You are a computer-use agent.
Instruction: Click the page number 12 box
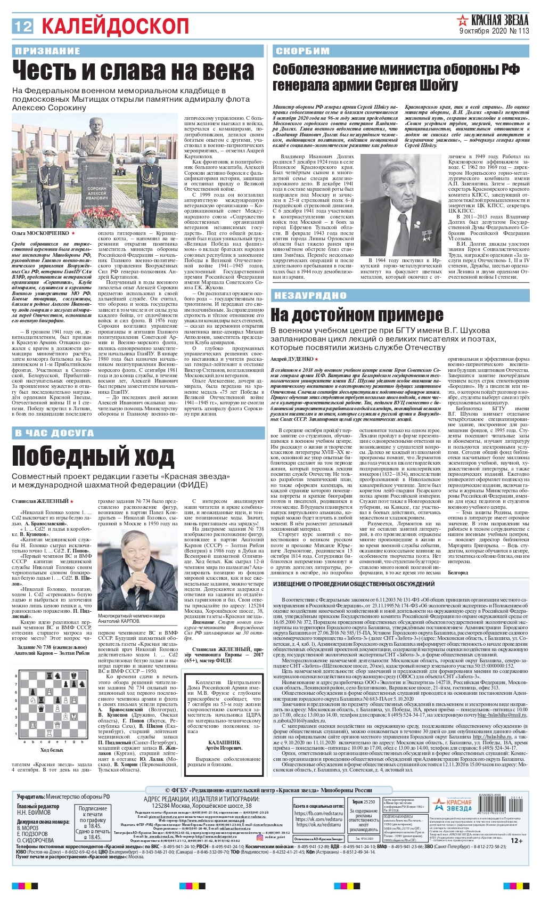[x=23, y=26]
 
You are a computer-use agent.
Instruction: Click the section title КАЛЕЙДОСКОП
[x=115, y=26]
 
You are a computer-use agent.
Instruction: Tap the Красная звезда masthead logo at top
[x=493, y=21]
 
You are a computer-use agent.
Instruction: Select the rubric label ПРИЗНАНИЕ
[x=48, y=51]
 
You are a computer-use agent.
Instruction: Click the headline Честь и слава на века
[x=133, y=71]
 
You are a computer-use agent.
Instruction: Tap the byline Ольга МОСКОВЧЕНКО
[x=42, y=233]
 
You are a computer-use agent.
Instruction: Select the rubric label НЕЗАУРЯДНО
[x=310, y=296]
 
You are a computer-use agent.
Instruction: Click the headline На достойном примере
[x=357, y=315]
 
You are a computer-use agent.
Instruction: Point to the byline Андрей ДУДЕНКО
[x=292, y=359]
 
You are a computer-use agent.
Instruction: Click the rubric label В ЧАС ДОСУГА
[x=54, y=433]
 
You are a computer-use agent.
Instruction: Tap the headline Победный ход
[x=93, y=456]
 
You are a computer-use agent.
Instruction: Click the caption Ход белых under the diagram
[x=52, y=750]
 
